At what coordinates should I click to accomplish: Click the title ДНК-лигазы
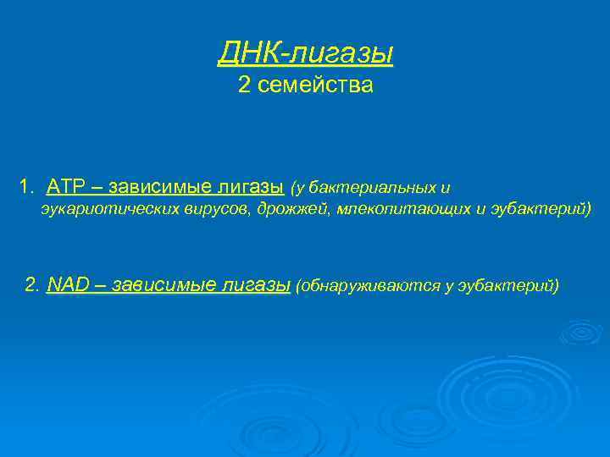[305, 53]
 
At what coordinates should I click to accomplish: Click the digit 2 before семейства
[244, 85]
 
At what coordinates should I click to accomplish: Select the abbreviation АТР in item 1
[64, 186]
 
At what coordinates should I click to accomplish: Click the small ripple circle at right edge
[580, 331]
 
